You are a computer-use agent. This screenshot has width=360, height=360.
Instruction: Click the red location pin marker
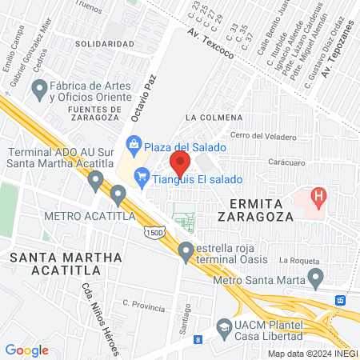click(x=180, y=164)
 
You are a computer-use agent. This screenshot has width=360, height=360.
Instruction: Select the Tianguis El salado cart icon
click(x=142, y=174)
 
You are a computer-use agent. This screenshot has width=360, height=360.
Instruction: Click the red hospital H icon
click(x=319, y=195)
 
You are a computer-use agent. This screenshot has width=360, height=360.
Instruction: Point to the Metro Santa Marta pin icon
click(x=316, y=280)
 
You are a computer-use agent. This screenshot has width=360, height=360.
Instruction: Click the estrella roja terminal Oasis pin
click(x=186, y=251)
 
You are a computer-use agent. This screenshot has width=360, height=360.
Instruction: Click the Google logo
click(x=26, y=350)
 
